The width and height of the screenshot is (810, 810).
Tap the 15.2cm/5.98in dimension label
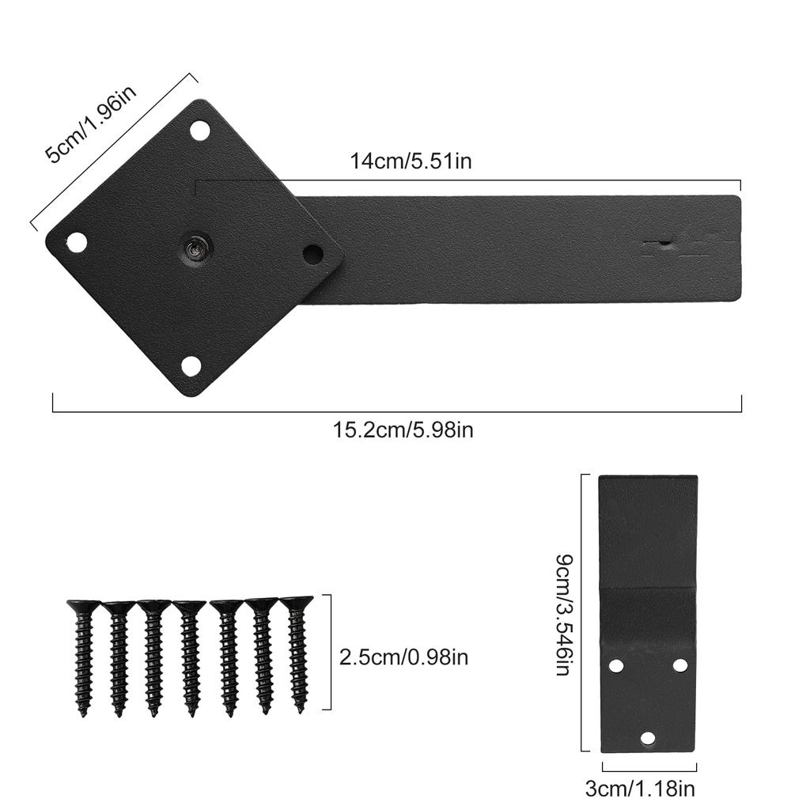tap(403, 430)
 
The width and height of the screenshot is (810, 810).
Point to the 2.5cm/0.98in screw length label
tap(403, 657)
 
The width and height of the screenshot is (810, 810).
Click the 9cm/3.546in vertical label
tap(562, 615)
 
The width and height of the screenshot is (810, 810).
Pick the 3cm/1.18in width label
tap(651, 788)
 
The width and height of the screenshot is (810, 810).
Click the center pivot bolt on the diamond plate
tap(195, 248)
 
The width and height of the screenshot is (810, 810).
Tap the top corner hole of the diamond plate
tap(200, 130)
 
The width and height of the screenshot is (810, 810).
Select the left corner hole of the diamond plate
tap(77, 242)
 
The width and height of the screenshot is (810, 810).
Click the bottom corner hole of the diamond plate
tap(191, 365)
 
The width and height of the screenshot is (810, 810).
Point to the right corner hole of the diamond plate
tap(313, 255)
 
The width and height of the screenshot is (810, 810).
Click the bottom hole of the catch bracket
tap(648, 738)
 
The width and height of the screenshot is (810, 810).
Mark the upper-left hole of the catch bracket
tap(617, 666)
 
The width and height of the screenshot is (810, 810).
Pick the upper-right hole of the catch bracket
tap(680, 665)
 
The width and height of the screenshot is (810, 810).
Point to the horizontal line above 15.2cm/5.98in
tap(396, 412)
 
